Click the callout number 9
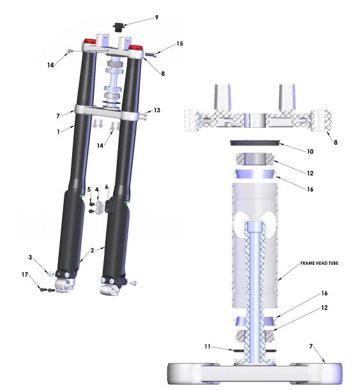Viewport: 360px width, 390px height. [156, 18]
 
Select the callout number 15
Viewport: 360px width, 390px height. [179, 44]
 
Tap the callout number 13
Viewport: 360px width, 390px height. [157, 110]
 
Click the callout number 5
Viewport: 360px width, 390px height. [89, 190]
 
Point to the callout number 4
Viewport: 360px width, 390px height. [97, 190]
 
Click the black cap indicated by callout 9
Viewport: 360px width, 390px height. [118, 27]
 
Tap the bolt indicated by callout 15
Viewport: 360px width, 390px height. [151, 55]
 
